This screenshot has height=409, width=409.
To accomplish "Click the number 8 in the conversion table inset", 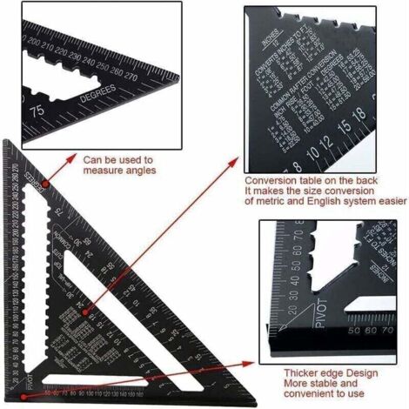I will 298,165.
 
